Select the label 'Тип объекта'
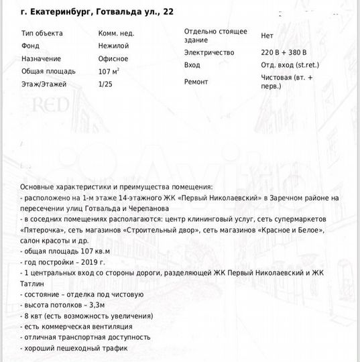[x=42, y=33]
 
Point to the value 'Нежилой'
[x=113, y=46]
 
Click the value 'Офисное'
[x=114, y=58]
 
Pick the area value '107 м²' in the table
[x=109, y=71]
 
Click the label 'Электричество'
[x=209, y=52]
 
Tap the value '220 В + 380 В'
[x=284, y=52]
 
